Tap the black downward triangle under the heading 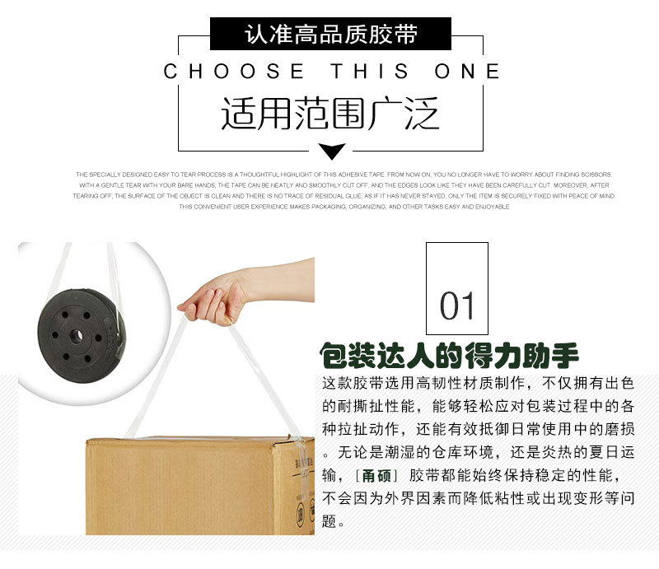(x=331, y=152)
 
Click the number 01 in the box (x=457, y=306)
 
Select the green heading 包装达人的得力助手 (x=450, y=356)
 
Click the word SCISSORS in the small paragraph (x=596, y=175)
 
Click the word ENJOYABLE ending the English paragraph (x=493, y=207)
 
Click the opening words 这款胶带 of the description (x=351, y=384)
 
